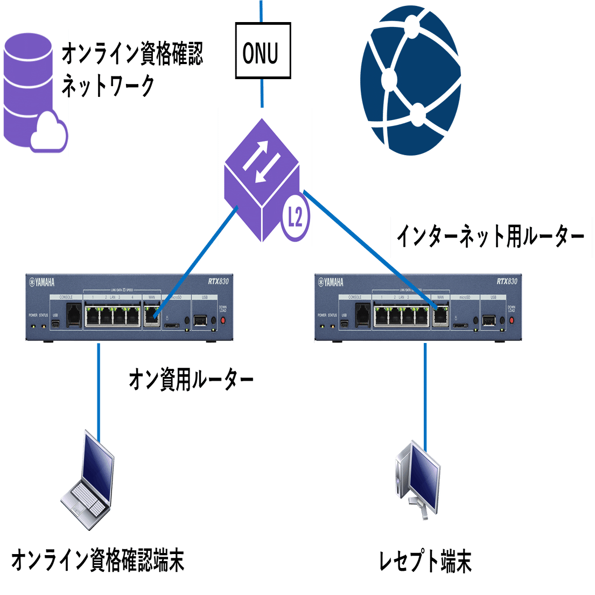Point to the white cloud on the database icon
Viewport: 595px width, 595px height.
pyautogui.click(x=50, y=133)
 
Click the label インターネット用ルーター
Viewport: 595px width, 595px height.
pyautogui.click(x=489, y=236)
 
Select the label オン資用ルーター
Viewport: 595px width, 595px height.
pyautogui.click(x=191, y=380)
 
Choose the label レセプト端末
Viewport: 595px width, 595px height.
pyautogui.click(x=425, y=562)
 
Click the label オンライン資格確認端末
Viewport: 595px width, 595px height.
pyautogui.click(x=98, y=560)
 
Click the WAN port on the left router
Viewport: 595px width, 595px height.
pyautogui.click(x=151, y=314)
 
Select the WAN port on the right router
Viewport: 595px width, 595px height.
pyautogui.click(x=440, y=314)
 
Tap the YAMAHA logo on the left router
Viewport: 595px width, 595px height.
pyautogui.click(x=42, y=283)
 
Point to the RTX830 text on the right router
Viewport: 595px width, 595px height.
pyautogui.click(x=506, y=282)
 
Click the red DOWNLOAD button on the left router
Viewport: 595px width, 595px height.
pyautogui.click(x=222, y=320)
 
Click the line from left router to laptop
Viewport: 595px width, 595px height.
pyautogui.click(x=99, y=388)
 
